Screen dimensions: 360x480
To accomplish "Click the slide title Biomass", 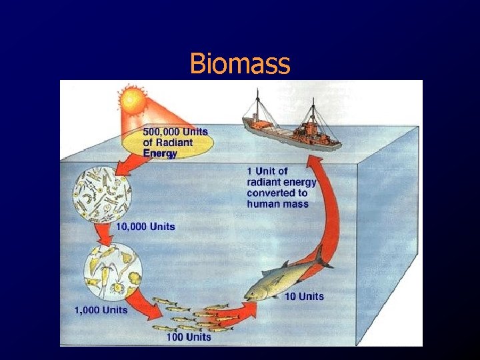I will (240, 64).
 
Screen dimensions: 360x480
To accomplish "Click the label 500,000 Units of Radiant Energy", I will (168, 142).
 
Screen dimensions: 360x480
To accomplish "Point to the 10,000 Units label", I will (145, 227).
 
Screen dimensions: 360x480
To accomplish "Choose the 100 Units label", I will (189, 337).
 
